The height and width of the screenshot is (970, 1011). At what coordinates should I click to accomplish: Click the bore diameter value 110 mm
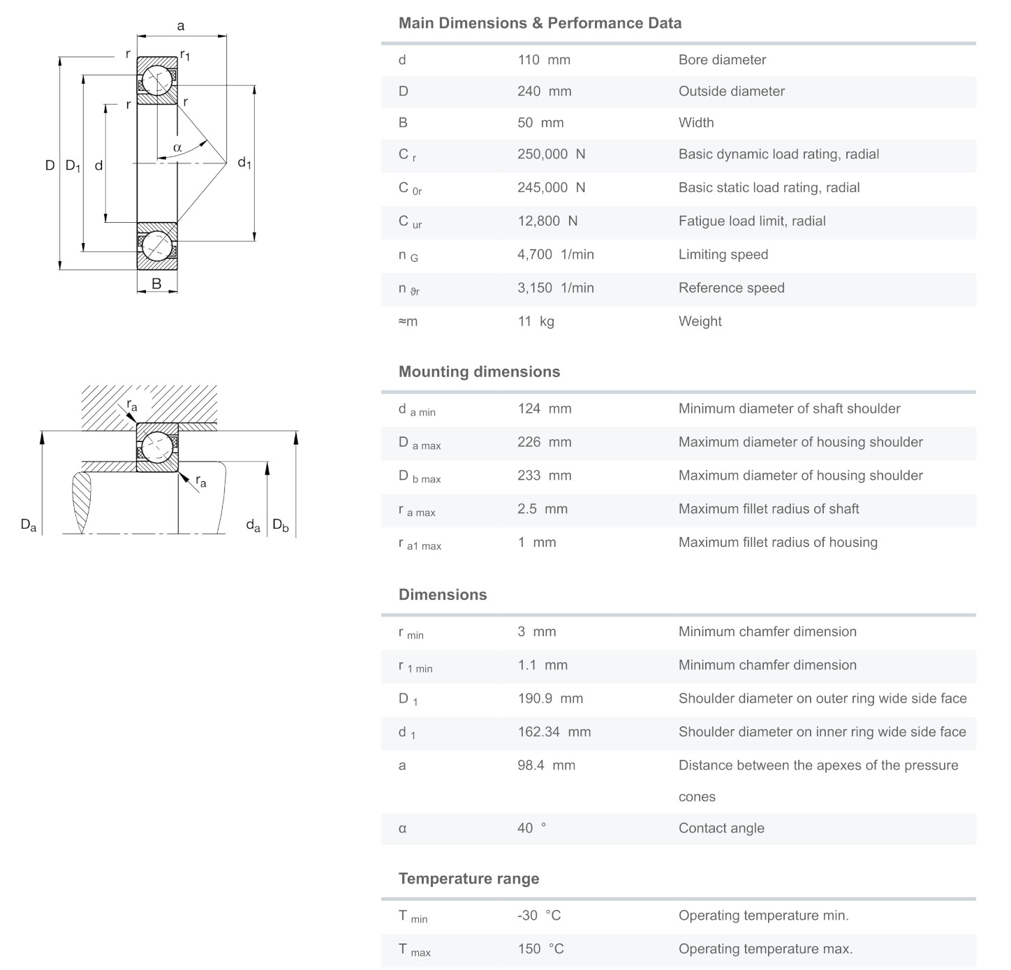[x=543, y=60]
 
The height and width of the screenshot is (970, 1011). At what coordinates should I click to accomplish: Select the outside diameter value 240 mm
[x=544, y=91]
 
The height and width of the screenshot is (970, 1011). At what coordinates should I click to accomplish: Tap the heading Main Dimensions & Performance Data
[x=540, y=23]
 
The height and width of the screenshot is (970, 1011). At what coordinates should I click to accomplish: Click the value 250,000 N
[x=551, y=154]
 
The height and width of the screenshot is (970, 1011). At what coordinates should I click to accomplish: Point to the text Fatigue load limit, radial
[x=751, y=221]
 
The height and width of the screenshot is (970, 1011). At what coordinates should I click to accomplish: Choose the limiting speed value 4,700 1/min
[x=555, y=255]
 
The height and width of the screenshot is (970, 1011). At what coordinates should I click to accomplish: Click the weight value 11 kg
[x=536, y=322]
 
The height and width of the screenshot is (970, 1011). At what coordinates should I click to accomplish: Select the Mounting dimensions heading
[x=479, y=372]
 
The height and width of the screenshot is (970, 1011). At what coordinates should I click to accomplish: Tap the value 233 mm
[x=544, y=476]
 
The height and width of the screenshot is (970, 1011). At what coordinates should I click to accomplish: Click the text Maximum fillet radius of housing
[x=778, y=543]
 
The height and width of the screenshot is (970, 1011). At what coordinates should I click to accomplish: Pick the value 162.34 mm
[x=554, y=732]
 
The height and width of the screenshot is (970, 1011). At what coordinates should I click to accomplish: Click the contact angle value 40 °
[x=531, y=828]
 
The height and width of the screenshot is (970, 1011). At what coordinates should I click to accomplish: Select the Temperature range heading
[x=468, y=879]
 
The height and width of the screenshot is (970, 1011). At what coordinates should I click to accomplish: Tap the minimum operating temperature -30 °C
[x=538, y=916]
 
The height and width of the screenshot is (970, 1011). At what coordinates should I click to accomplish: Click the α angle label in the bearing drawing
[x=177, y=147]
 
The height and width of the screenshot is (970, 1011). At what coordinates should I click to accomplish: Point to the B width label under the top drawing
[x=156, y=284]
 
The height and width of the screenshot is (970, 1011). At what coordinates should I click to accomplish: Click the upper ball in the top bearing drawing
[x=157, y=80]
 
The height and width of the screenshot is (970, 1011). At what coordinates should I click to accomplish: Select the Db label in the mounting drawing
[x=280, y=525]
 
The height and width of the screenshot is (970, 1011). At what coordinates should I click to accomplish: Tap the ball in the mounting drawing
[x=157, y=447]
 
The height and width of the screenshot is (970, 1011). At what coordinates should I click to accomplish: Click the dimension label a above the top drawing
[x=181, y=27]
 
